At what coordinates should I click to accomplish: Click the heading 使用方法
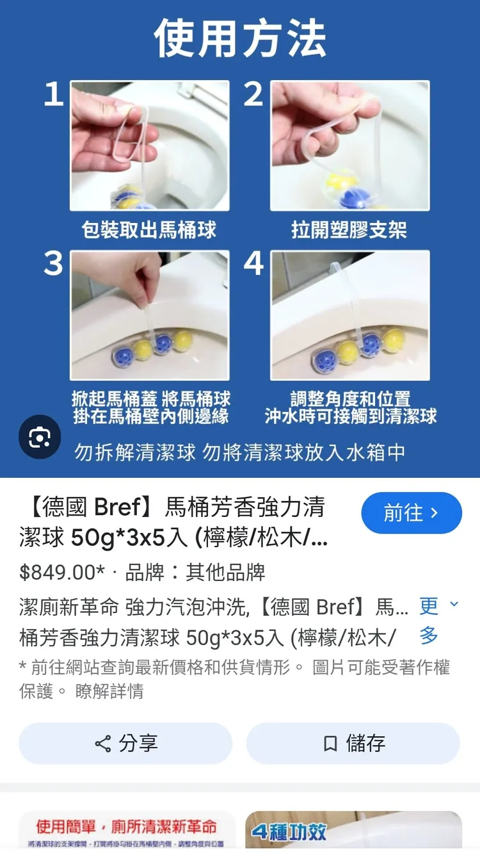(x=240, y=38)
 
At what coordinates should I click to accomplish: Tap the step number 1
(x=54, y=95)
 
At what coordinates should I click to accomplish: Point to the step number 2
(x=253, y=95)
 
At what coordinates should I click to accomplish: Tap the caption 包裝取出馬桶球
(x=149, y=229)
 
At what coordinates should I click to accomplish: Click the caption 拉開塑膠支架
(x=349, y=229)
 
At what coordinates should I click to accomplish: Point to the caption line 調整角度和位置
(x=350, y=398)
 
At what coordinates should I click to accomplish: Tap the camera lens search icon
(x=40, y=438)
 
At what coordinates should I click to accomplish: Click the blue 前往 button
(x=412, y=513)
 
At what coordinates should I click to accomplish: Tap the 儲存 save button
(x=353, y=743)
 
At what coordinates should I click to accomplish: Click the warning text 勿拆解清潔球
(x=135, y=452)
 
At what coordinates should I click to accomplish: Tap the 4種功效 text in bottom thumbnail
(x=289, y=832)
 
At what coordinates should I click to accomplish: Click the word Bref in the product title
(x=117, y=507)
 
